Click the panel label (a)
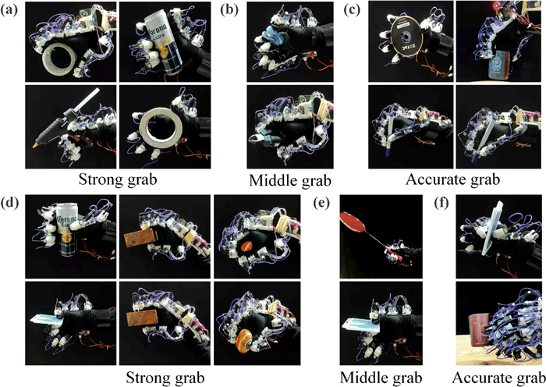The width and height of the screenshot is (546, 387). tap(12, 10)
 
